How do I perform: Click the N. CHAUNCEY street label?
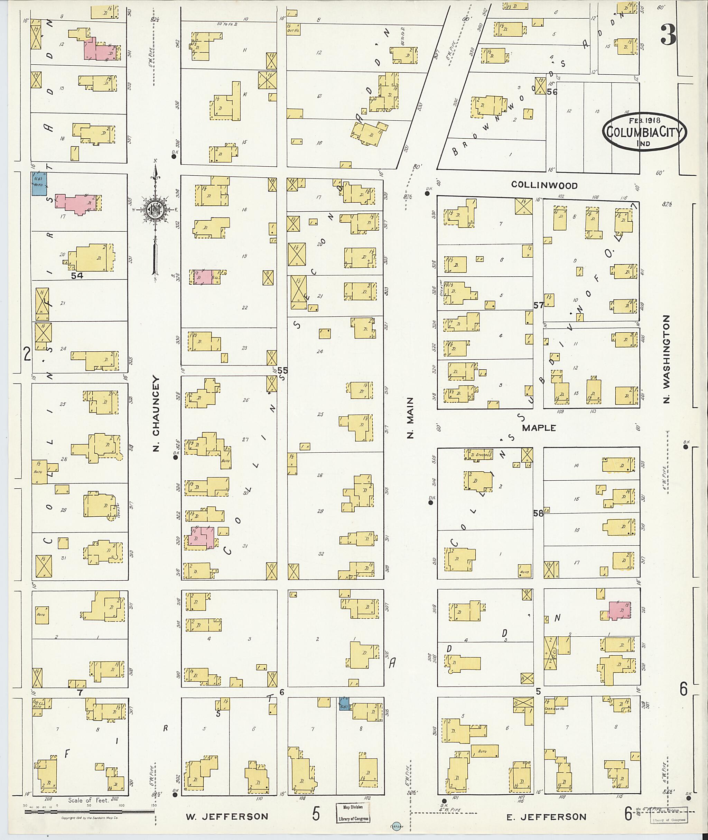click(x=156, y=414)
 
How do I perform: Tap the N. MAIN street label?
click(x=410, y=418)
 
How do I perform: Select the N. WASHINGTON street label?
click(x=666, y=359)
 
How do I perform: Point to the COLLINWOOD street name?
click(x=544, y=185)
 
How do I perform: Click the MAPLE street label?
click(x=539, y=428)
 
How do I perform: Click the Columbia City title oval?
click(x=645, y=132)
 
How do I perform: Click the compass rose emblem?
click(x=154, y=209)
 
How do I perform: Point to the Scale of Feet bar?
click(x=88, y=812)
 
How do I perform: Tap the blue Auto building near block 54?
click(x=39, y=184)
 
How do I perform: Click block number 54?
click(x=77, y=276)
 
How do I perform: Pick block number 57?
click(x=539, y=306)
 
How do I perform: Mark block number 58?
click(x=538, y=513)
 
